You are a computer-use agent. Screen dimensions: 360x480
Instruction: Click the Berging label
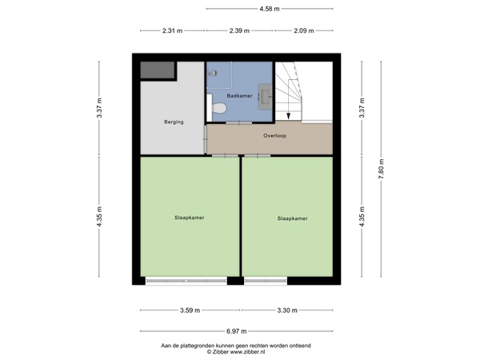coord(174,122)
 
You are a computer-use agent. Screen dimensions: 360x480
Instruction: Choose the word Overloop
coord(274,136)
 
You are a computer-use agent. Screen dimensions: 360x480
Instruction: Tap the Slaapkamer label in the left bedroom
coord(189,217)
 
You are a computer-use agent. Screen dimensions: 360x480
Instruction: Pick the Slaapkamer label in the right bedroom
coord(292,218)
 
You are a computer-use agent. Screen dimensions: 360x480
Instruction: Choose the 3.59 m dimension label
coord(190,310)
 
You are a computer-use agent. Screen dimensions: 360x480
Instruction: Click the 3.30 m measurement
coord(286,310)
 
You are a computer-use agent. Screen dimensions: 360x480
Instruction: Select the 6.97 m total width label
coord(237,331)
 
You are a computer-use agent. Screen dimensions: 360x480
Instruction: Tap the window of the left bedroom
coord(186,281)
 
